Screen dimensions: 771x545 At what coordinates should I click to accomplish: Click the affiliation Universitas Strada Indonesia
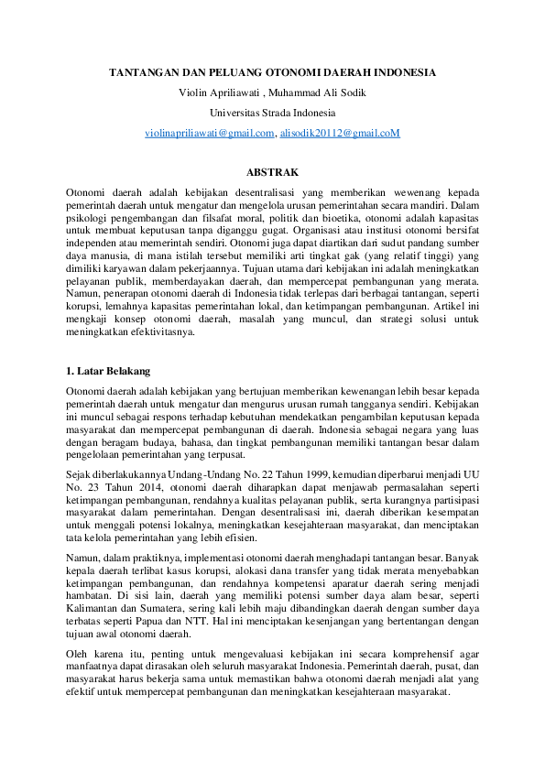pyautogui.click(x=272, y=113)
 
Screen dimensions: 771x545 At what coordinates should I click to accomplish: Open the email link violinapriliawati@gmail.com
pyautogui.click(x=210, y=134)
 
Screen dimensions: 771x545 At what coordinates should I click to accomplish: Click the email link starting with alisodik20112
pyautogui.click(x=340, y=134)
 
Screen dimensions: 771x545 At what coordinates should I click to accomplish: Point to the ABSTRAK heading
pyautogui.click(x=272, y=171)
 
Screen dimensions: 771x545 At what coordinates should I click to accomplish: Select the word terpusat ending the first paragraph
pyautogui.click(x=221, y=453)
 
